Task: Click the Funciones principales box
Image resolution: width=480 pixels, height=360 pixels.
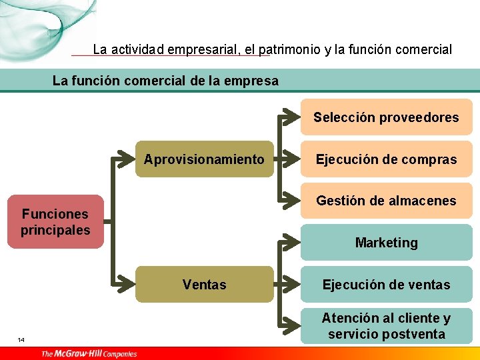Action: click(x=55, y=222)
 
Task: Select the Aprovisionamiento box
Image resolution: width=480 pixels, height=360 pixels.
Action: click(x=204, y=159)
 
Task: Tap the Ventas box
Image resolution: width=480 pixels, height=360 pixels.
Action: click(x=204, y=285)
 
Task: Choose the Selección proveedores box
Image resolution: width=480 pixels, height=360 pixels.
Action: click(x=386, y=117)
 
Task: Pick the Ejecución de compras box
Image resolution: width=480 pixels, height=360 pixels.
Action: click(x=386, y=159)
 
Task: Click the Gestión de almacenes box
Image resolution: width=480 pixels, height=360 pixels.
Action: click(x=386, y=201)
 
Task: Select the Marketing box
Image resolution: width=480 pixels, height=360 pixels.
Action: click(x=386, y=243)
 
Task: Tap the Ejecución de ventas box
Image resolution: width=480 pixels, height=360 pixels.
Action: click(x=386, y=285)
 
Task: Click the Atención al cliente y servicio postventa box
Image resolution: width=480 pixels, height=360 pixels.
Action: click(x=386, y=326)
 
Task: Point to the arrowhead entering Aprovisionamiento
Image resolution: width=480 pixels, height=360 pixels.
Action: click(x=128, y=159)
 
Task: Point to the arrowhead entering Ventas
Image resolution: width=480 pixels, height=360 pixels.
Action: click(x=128, y=285)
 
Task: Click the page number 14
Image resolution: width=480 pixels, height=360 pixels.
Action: click(x=21, y=341)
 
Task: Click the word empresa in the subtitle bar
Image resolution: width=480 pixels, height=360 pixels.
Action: click(x=253, y=81)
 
